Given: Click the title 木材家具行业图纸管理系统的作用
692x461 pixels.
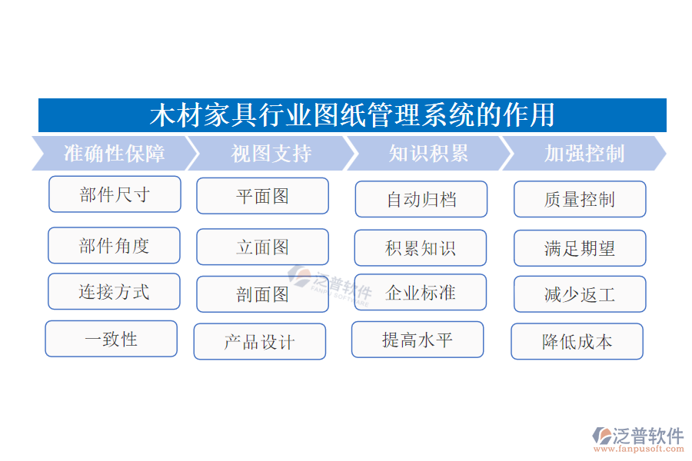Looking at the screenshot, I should pos(352,115).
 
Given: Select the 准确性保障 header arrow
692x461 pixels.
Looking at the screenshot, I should pos(114,154).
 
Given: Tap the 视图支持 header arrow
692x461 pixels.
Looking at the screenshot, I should pos(271,154).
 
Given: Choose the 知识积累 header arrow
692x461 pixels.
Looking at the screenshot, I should pos(428,154).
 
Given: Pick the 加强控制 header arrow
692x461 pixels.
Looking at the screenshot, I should pos(584,154).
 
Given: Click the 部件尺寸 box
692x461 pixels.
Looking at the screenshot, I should pos(115,194).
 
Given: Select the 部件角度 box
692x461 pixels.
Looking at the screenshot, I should pos(114,246).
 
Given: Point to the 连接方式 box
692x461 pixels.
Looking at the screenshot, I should pos(114,292).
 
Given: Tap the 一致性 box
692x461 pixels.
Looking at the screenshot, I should pos(111,339).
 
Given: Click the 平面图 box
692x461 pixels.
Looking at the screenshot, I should pos(262,196).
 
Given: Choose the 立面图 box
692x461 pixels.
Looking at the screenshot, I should pos(262,247).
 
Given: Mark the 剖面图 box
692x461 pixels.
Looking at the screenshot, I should pos(262,294).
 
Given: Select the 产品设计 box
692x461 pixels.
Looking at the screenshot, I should pos(259,342).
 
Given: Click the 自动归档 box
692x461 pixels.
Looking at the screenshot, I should pos(421,200).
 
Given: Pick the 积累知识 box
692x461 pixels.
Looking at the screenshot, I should pos(420,248).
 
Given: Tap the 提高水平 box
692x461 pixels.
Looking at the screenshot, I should pos(418,340).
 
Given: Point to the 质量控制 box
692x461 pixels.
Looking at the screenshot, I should pos(580,200).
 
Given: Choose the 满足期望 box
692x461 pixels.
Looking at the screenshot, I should pos(580,249).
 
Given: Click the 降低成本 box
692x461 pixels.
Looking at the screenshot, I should pos(577,342).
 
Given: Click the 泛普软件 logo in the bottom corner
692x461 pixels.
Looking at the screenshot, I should pos(637,438).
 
